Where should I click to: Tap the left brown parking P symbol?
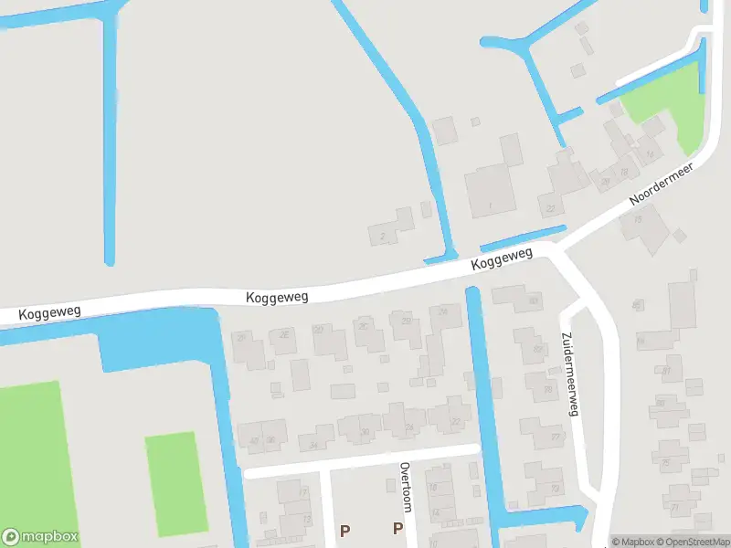coord(344,530)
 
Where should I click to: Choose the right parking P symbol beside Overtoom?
coord(397,528)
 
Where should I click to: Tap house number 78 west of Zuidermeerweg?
coord(546,387)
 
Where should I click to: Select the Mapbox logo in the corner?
coord(40,537)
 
